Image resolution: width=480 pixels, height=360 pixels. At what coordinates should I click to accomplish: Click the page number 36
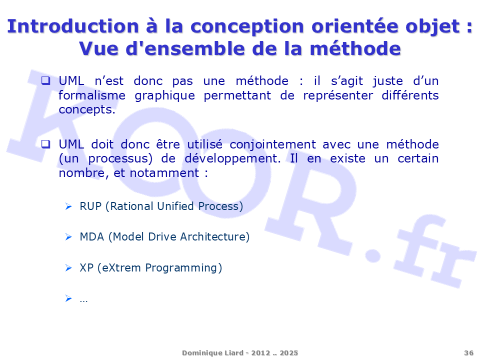[x=468, y=353]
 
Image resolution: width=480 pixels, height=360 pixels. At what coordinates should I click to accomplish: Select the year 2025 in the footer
[x=288, y=353]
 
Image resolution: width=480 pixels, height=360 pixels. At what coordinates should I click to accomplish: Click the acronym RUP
[x=90, y=206]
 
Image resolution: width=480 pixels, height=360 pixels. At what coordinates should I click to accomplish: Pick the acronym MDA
[x=92, y=237]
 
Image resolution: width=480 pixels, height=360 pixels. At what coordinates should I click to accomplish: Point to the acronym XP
[x=86, y=268]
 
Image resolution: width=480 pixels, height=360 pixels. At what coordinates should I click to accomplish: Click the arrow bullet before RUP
[x=68, y=206]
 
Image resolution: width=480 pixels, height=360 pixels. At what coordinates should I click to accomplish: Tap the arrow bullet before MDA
[x=68, y=237]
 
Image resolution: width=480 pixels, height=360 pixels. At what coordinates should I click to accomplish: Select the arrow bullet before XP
[x=68, y=268]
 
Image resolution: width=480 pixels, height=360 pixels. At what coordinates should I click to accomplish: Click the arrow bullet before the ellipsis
[x=68, y=298]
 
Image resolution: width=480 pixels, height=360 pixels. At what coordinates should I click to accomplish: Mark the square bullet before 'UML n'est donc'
[x=46, y=80]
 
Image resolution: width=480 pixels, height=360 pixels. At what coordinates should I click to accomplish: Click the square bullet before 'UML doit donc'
[x=46, y=144]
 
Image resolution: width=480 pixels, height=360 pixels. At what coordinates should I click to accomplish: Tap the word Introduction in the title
[x=73, y=26]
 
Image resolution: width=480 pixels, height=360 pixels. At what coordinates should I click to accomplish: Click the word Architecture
[x=214, y=237]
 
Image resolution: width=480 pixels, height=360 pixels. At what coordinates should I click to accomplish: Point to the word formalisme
[x=92, y=95]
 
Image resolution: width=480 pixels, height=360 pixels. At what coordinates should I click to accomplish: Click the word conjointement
[x=273, y=144]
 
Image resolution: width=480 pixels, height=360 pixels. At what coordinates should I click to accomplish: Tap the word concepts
[x=87, y=110]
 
